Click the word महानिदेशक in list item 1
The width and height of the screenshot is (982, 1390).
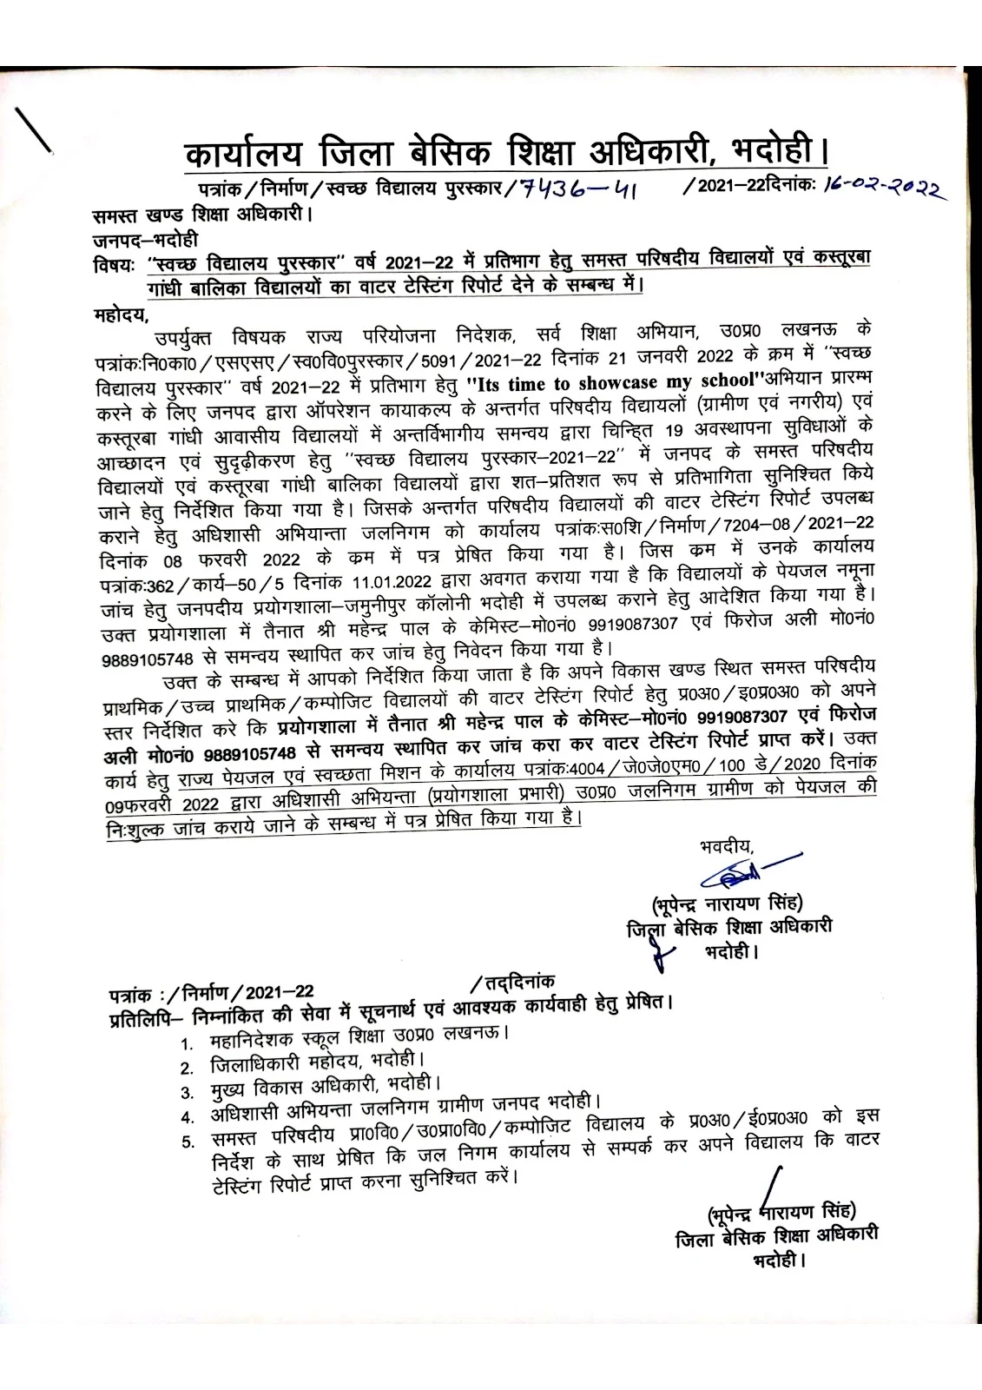(x=253, y=1039)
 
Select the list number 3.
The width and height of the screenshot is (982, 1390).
(x=186, y=1092)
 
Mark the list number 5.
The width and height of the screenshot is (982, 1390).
(x=187, y=1141)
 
